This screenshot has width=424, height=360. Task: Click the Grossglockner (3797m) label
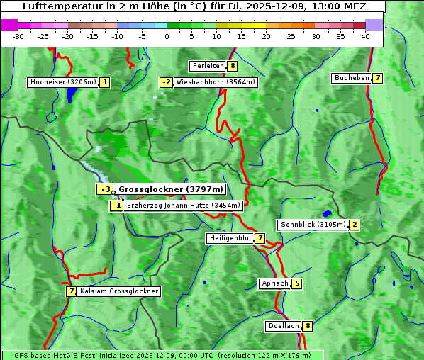170,189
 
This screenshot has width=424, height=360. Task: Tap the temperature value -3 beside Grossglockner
105,189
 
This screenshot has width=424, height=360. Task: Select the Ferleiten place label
208,66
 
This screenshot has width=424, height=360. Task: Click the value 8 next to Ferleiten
233,66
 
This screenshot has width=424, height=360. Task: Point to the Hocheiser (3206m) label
62,82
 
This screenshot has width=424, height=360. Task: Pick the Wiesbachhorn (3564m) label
216,82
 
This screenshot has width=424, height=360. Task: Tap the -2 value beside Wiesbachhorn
167,82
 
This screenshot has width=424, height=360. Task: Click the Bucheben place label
352,78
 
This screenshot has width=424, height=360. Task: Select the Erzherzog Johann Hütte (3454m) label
184,206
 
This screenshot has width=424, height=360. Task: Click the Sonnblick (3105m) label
313,225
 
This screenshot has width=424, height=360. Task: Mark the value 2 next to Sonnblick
355,225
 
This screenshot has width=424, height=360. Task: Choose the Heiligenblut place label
230,238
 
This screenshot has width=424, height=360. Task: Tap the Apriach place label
275,283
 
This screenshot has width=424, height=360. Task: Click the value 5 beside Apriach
296,283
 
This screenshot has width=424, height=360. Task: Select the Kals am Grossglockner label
119,291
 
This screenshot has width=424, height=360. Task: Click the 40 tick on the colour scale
365,36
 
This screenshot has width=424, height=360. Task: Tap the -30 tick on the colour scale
18,36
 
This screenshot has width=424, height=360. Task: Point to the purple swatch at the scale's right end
374,25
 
